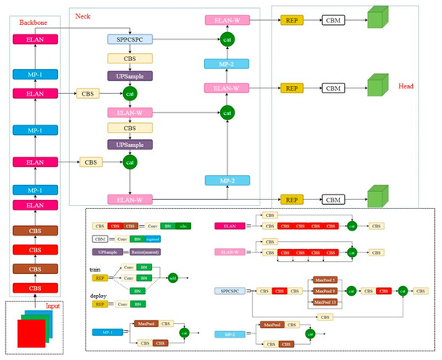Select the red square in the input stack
[x=30, y=336]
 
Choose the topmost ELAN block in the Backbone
[x=33, y=38]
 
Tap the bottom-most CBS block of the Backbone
[x=33, y=287]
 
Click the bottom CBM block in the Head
[x=333, y=198]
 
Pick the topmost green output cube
[x=375, y=18]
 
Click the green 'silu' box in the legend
[x=183, y=227]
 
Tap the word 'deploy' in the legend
[x=100, y=295]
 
